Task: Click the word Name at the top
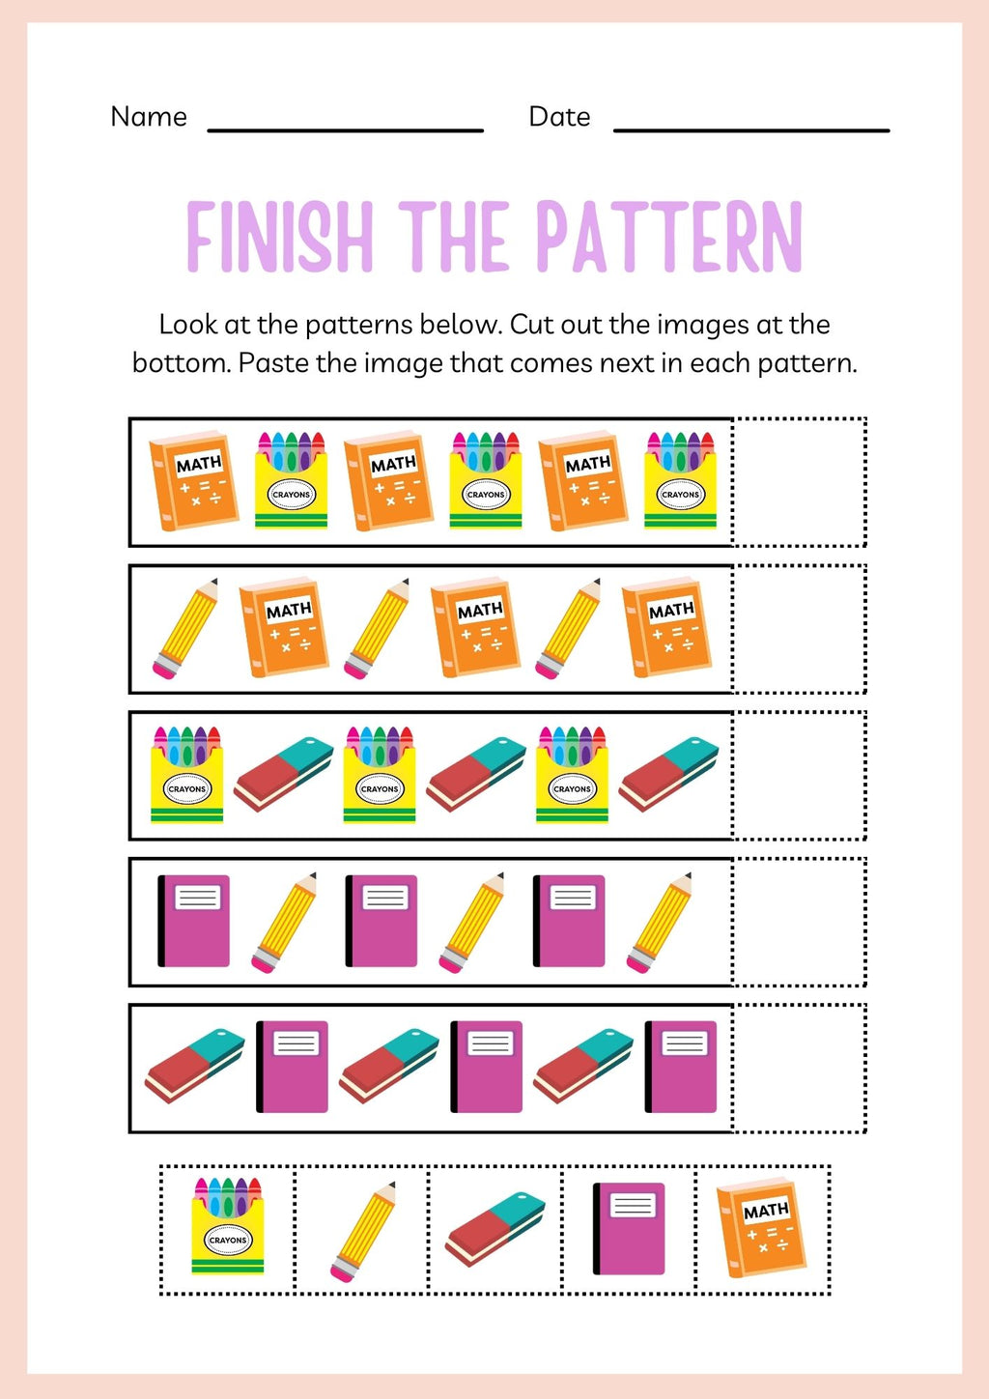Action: [x=149, y=117]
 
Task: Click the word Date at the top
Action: [x=559, y=117]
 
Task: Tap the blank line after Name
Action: [x=345, y=128]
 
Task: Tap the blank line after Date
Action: [x=750, y=128]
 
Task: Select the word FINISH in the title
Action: [x=280, y=237]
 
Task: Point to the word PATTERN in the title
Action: [x=668, y=237]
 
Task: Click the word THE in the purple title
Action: [x=454, y=237]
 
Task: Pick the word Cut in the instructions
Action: [x=532, y=325]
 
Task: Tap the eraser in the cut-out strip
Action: [x=495, y=1228]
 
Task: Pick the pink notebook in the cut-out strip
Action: [x=629, y=1228]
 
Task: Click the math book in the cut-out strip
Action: [x=762, y=1227]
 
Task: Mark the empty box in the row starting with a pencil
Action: [x=799, y=629]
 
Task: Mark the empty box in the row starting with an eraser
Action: [x=799, y=1068]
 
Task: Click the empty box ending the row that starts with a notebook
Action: [x=799, y=922]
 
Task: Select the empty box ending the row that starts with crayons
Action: [x=799, y=775]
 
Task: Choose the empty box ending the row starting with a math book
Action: [x=799, y=482]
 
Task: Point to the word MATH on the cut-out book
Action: [x=766, y=1210]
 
